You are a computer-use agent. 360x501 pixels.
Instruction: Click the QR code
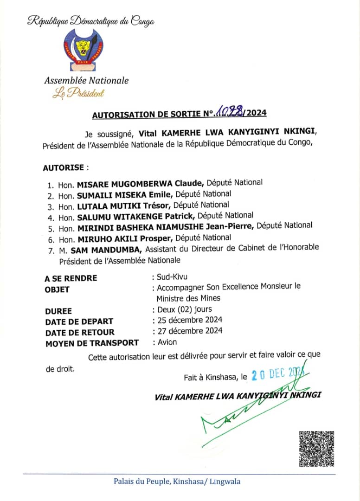(317, 449)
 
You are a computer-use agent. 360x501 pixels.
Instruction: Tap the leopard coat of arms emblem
(84, 49)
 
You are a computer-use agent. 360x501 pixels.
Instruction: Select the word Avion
(167, 342)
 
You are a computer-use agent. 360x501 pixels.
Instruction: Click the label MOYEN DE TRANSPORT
(92, 343)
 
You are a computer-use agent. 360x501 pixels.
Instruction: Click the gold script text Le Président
(78, 93)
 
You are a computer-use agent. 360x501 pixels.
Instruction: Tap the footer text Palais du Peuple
(141, 482)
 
